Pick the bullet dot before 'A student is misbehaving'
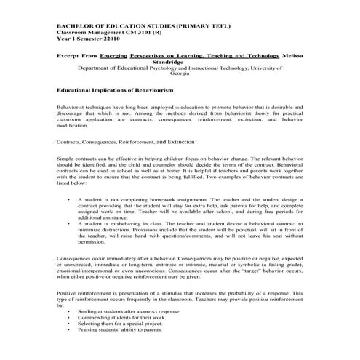pyautogui.click(x=68, y=223)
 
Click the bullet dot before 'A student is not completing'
pyautogui.click(x=68, y=198)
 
